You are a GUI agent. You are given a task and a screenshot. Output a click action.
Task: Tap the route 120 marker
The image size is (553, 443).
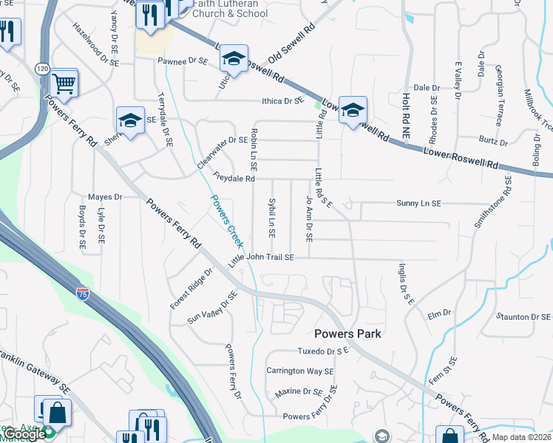[41, 69]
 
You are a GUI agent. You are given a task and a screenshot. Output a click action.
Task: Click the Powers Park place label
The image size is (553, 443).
[347, 334]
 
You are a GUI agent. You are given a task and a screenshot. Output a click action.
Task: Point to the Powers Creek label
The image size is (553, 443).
[226, 221]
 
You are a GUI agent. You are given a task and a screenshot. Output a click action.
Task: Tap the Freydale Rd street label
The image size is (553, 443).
[233, 178]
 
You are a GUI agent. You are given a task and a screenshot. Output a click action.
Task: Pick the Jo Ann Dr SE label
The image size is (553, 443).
[308, 219]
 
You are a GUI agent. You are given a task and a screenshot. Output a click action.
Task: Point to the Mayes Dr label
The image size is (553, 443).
[104, 197]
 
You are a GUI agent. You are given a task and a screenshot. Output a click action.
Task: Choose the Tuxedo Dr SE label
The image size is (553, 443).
[322, 351]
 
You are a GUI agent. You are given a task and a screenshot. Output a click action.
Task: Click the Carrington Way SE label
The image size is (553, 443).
[300, 371]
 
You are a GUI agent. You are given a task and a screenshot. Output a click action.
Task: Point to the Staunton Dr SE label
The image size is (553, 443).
[523, 317]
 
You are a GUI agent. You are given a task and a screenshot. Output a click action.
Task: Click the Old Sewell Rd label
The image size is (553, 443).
[292, 44]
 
